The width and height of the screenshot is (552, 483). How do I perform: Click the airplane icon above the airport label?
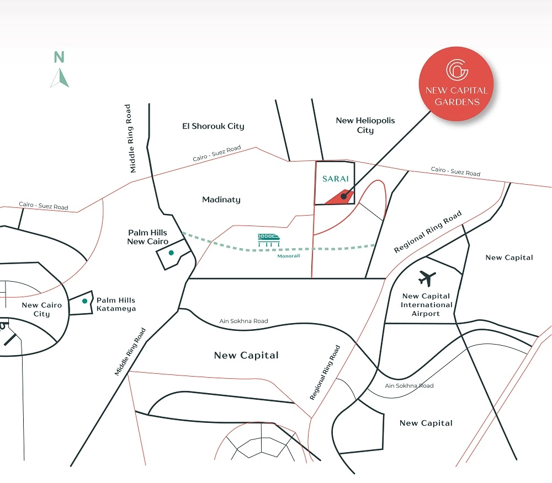(427, 278)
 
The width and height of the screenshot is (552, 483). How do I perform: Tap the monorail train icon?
(269, 240)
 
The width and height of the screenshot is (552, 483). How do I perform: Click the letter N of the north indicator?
(59, 57)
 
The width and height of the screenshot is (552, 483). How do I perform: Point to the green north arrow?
(60, 78)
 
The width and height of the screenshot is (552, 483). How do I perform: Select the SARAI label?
(336, 179)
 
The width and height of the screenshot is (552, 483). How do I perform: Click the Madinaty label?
(221, 200)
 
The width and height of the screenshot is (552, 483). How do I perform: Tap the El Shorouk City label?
(213, 126)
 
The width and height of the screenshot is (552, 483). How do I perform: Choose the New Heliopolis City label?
(365, 125)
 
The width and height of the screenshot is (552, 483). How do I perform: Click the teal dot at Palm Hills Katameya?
(84, 301)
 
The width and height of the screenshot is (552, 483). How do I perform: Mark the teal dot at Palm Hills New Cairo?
(171, 253)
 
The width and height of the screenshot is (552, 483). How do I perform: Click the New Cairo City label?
(41, 309)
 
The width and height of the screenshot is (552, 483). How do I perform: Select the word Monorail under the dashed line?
(288, 256)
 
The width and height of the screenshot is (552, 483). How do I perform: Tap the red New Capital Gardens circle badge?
(457, 84)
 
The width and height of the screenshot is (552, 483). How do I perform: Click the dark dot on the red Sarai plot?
(343, 196)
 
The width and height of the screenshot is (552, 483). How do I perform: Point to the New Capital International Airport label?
(426, 305)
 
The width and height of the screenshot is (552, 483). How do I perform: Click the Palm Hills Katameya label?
(116, 304)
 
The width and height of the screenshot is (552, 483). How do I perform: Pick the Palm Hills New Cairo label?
(148, 237)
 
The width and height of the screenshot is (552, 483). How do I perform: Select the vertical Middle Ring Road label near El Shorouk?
(130, 138)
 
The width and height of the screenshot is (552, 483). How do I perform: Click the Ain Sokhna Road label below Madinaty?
(243, 321)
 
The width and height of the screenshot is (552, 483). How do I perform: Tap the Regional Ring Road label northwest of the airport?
(428, 232)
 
